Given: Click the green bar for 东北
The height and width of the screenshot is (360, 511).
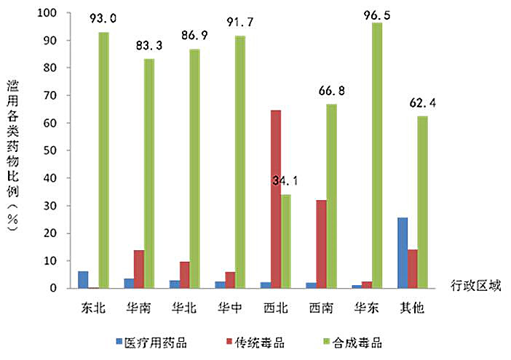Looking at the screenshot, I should pos(104,160).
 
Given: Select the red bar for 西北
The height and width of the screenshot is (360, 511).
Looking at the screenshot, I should pos(275,199).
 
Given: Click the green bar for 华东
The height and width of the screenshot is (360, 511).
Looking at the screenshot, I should pos(377,156).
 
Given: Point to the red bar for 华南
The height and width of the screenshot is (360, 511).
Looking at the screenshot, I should pos(138,269).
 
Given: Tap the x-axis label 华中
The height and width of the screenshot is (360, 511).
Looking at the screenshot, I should pos(230,308).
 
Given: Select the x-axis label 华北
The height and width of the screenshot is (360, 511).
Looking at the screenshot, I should pos(184,308).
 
